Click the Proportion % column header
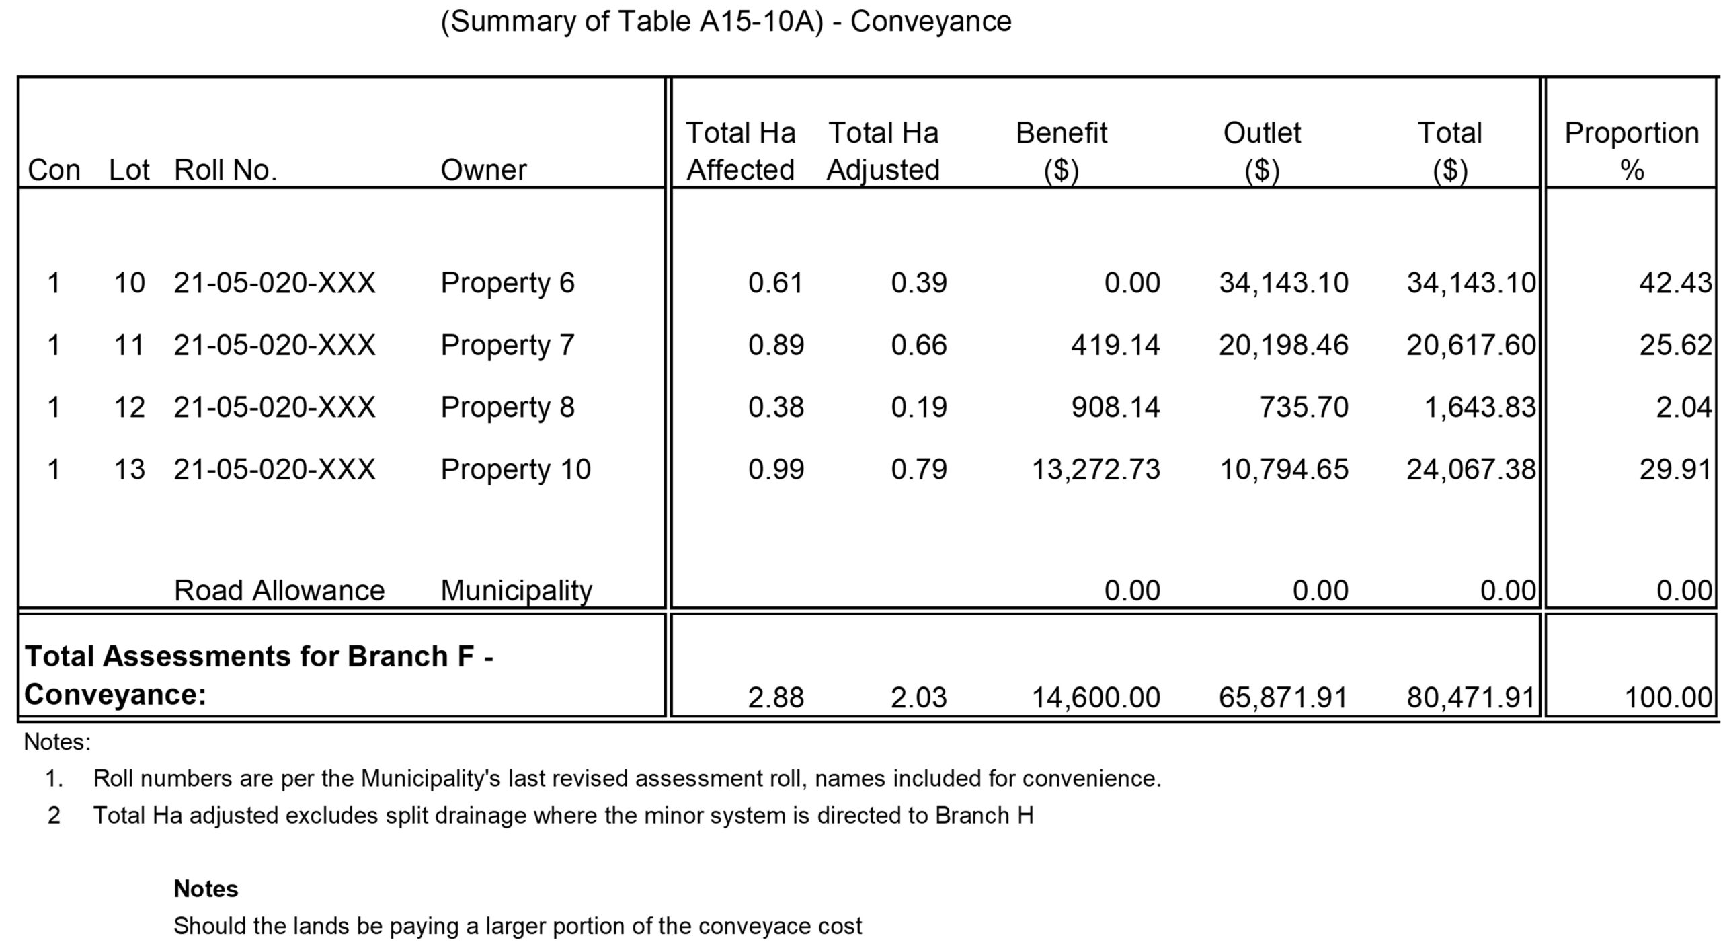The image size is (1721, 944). coord(1631,151)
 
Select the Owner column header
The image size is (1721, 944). coord(483,170)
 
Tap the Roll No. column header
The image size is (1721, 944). coord(225,170)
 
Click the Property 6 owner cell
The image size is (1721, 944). coord(508,283)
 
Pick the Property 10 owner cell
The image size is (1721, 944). coord(516,469)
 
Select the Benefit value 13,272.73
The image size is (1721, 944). coord(1096,469)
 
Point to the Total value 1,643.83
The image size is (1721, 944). coord(1480,407)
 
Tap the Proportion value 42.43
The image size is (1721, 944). coord(1675,283)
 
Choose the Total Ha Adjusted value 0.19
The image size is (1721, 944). coord(919,407)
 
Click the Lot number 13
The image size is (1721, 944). coord(129,469)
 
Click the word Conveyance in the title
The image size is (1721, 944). coord(930,22)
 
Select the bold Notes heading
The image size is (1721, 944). coord(206,889)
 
